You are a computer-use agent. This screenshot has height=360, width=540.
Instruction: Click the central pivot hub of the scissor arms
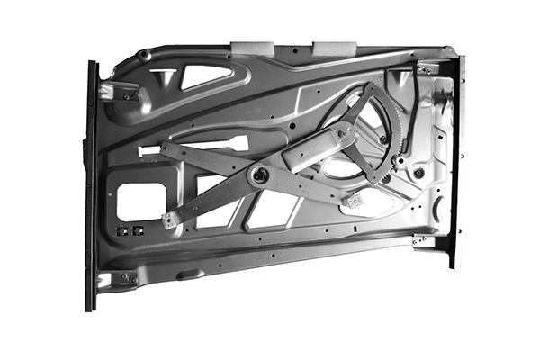coord(261,175)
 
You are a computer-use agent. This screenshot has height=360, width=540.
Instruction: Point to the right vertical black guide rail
coord(456,162)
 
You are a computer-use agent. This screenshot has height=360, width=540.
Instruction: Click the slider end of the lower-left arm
coord(170,219)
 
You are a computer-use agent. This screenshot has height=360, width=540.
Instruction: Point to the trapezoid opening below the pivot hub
coord(271,208)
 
